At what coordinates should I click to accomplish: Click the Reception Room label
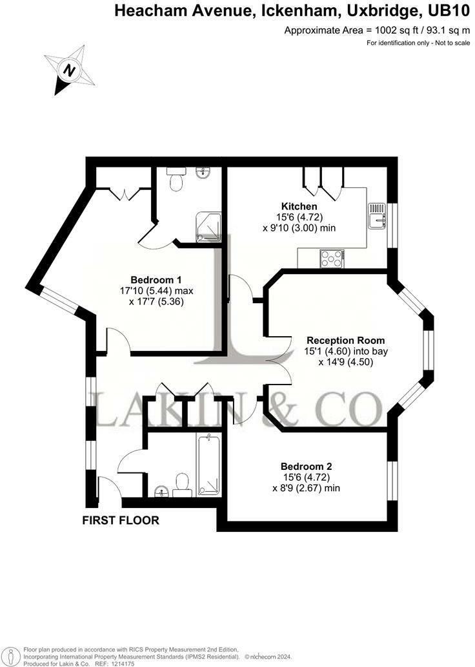(345, 340)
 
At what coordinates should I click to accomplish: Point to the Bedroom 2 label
(306, 466)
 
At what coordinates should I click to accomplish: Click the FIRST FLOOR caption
(121, 520)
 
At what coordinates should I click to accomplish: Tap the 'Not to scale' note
(445, 43)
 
